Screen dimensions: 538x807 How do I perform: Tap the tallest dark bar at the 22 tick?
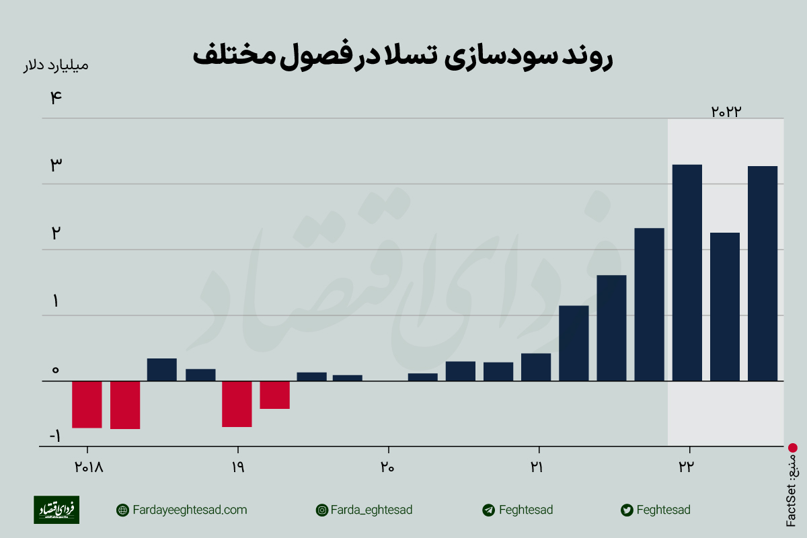click(687, 272)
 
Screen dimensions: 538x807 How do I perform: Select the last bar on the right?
click(763, 273)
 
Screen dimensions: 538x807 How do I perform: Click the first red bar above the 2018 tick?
click(87, 404)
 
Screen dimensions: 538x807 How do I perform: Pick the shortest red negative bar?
click(275, 395)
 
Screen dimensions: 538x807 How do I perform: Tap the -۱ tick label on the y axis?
click(54, 436)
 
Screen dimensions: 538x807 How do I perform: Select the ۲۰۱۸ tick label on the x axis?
click(87, 467)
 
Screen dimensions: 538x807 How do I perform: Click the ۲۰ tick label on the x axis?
click(387, 467)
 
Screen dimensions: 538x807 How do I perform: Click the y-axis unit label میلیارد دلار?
click(56, 65)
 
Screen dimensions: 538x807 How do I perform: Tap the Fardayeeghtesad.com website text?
click(190, 510)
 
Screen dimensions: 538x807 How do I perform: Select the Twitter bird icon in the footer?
click(627, 510)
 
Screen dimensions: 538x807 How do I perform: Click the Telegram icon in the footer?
click(489, 510)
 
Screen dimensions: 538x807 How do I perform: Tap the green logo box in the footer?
click(56, 510)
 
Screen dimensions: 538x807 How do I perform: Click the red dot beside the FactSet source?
click(792, 447)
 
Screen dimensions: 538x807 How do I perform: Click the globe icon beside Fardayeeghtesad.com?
click(122, 510)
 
